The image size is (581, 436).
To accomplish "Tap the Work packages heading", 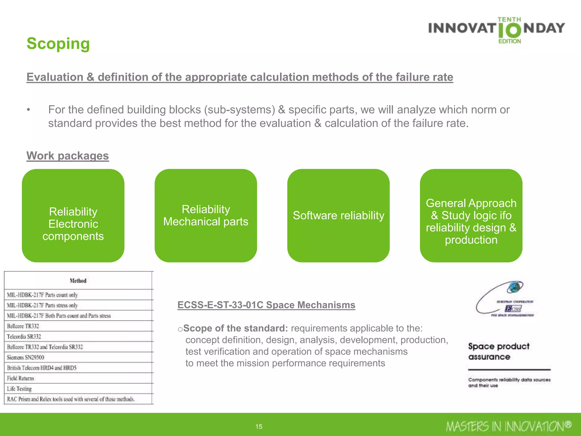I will point(68,156).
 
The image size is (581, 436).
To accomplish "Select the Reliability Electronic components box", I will point(73,216).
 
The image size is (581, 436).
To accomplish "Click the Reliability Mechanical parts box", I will point(206,216).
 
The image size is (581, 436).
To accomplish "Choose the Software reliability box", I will point(338,216).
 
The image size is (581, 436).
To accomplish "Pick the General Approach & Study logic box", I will point(471,216).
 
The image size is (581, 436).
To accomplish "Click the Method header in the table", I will point(78,281).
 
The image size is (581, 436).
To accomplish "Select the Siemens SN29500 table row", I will point(26,357).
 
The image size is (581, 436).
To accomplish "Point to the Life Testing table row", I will point(19,389).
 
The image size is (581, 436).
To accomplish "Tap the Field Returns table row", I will point(20,378).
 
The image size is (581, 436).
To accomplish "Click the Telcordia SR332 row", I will point(24,337).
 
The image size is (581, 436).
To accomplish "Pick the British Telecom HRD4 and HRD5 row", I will point(42,368).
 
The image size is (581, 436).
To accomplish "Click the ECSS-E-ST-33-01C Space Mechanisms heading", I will point(266,305).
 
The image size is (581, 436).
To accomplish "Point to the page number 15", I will point(259,426).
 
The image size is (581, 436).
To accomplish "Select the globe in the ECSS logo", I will point(515,287).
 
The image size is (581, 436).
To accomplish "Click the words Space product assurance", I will point(498,351).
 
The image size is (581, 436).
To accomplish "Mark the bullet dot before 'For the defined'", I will point(28,110).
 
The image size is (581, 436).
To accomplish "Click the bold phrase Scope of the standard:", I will point(235,328).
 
